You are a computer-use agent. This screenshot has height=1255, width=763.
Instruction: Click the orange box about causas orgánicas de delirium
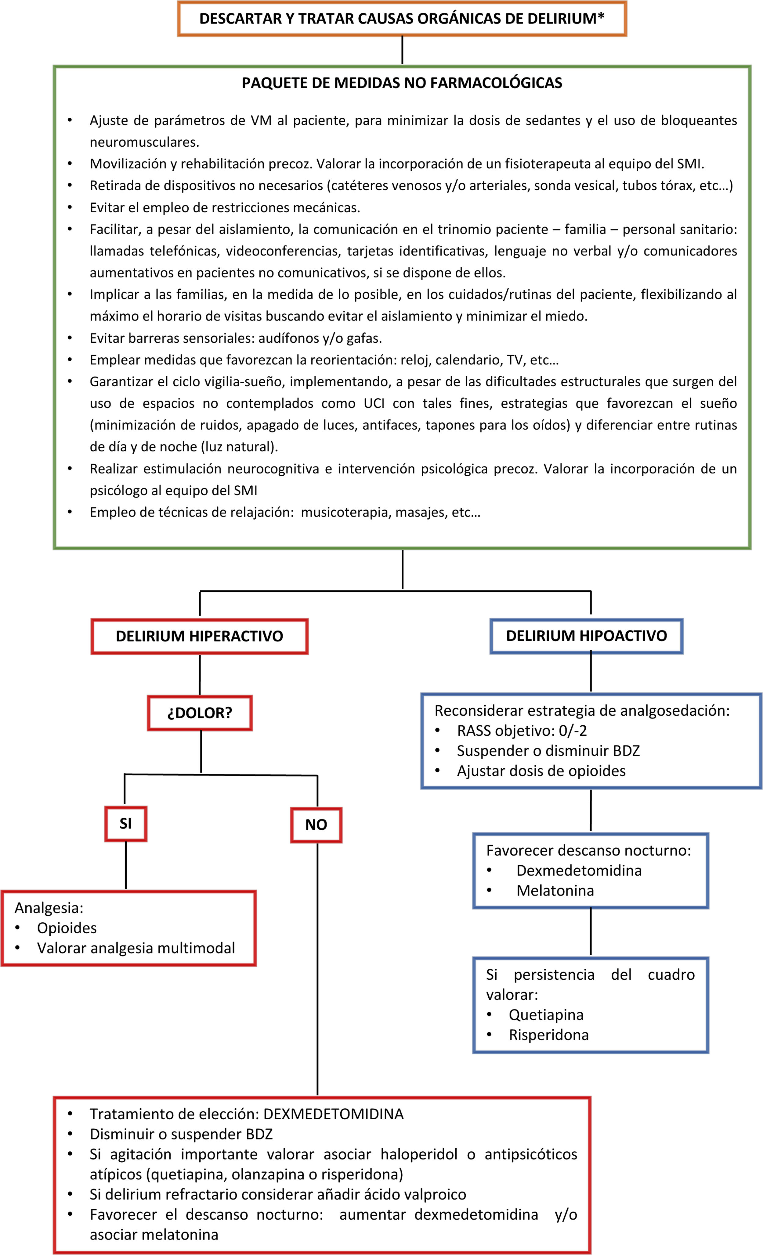[x=402, y=19]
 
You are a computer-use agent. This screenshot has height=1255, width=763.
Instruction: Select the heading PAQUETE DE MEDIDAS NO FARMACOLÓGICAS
[x=402, y=83]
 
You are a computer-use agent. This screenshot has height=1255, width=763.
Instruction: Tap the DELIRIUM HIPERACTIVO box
[x=199, y=636]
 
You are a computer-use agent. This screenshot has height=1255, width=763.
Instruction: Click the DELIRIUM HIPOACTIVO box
[x=586, y=636]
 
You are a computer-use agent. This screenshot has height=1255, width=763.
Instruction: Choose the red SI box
[x=125, y=824]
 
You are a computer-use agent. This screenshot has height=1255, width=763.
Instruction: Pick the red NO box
[x=316, y=824]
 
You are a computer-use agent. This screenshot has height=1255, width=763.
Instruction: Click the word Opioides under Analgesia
[x=67, y=928]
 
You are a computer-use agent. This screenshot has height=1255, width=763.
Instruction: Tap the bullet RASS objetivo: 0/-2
[x=521, y=731]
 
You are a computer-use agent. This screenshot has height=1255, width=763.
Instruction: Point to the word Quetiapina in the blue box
[x=546, y=1015]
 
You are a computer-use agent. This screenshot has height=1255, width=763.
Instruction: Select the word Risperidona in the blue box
[x=548, y=1035]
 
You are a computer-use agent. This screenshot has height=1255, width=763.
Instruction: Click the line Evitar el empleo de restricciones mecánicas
[x=225, y=208]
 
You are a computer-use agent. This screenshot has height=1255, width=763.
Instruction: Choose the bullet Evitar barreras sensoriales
[x=236, y=338]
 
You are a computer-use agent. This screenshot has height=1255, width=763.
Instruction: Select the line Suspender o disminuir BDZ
[x=548, y=751]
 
